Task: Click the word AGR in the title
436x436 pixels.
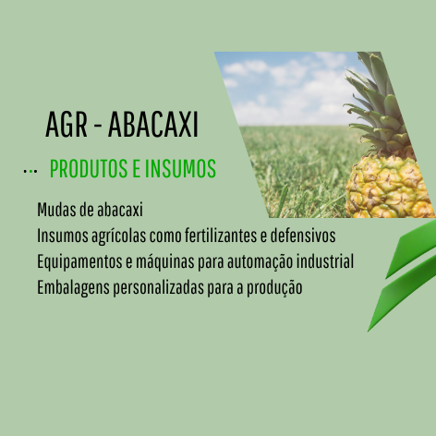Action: [67, 125]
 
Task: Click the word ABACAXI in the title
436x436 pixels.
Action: [153, 125]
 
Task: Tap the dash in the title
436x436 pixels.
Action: [98, 126]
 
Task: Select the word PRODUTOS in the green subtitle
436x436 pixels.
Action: [89, 168]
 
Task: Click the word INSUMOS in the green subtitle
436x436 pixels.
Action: [181, 168]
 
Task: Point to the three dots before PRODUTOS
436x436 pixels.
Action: [30, 171]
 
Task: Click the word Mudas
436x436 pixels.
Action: [57, 210]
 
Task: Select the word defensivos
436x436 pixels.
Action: [303, 236]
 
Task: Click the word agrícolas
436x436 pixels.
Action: [118, 236]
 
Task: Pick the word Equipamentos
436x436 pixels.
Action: [79, 262]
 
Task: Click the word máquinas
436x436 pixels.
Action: [165, 262]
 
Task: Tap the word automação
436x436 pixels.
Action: [260, 262]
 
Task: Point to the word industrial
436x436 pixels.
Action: [325, 261]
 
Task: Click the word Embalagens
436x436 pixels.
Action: [73, 288]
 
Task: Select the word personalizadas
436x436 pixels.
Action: [158, 288]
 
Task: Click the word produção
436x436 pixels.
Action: [274, 288]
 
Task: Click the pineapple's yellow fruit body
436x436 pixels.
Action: [389, 188]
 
